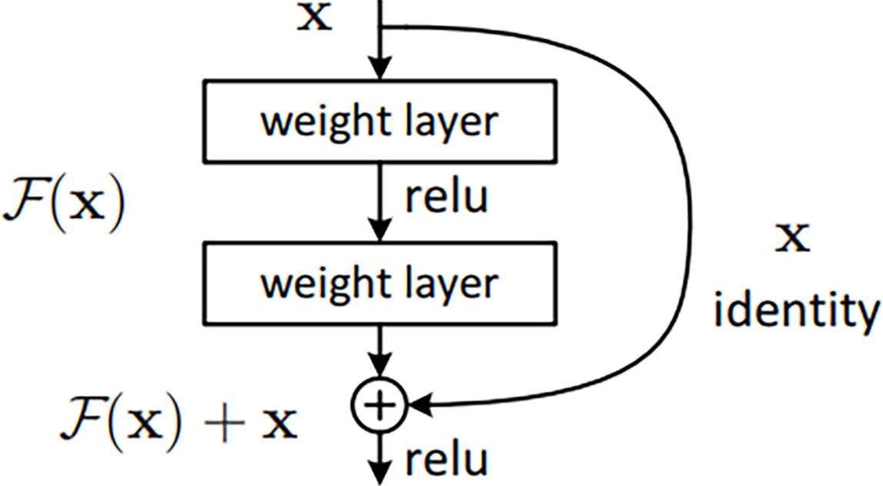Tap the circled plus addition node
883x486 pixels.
(380, 405)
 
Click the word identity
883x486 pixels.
(797, 311)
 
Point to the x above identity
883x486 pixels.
(792, 238)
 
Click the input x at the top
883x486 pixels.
(314, 17)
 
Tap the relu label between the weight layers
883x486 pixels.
(447, 197)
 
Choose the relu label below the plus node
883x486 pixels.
(447, 460)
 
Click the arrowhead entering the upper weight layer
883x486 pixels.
(380, 68)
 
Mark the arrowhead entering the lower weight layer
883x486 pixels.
(380, 230)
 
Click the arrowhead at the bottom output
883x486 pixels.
(380, 473)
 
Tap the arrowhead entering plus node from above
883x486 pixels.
(380, 366)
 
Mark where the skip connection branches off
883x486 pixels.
(380, 26)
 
